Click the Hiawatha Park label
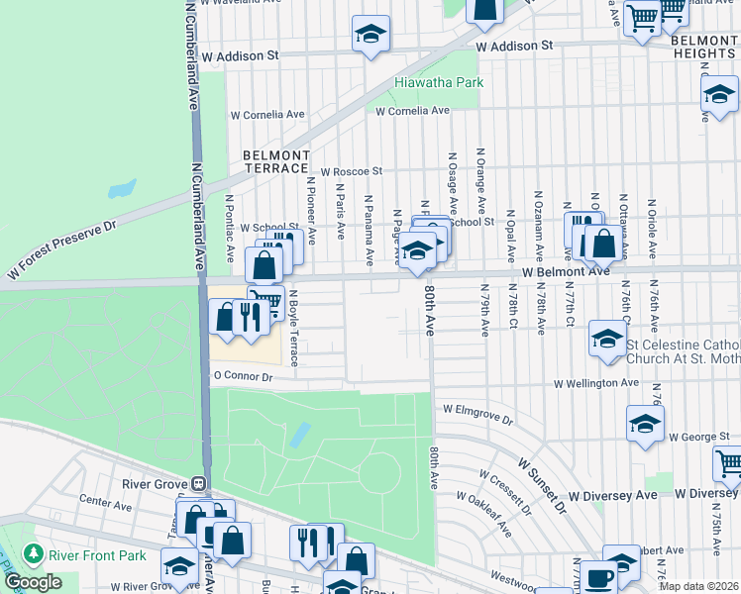coord(439,82)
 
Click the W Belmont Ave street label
coord(566,271)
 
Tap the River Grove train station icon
coord(198,484)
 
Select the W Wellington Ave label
coord(596,382)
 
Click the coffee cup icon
coord(598,577)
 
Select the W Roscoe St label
coord(351,171)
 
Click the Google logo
coord(33,581)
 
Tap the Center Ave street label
coord(105,504)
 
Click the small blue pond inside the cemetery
coord(298,435)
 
